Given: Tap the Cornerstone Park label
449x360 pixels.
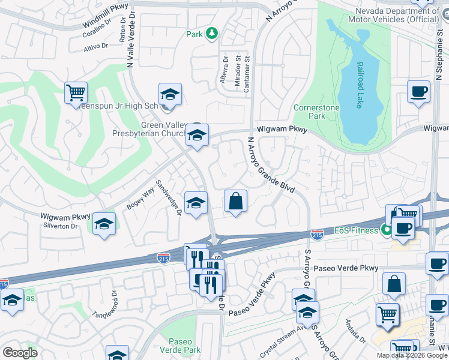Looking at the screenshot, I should point(316,112).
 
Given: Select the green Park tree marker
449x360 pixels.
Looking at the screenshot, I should point(211,34).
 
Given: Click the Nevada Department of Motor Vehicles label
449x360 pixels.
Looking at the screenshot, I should point(393,15).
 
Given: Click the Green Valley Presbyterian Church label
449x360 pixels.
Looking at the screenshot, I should point(158,129).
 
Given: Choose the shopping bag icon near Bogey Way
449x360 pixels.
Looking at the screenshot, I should point(236,201).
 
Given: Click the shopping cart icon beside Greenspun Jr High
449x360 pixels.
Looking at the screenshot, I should point(76,93).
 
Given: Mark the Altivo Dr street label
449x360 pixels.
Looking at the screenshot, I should point(95,45).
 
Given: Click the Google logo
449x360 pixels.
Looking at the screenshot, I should point(20,352).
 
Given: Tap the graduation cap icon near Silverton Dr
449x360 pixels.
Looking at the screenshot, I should point(104,225).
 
